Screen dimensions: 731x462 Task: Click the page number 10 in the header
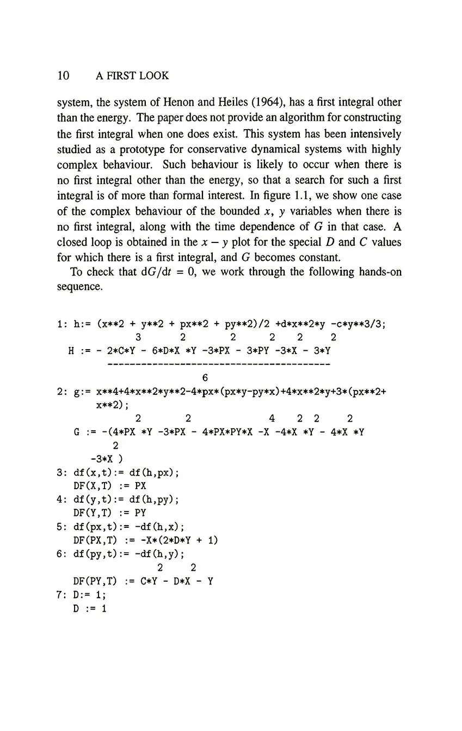pos(63,76)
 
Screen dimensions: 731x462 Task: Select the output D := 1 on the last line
pos(90,608)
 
